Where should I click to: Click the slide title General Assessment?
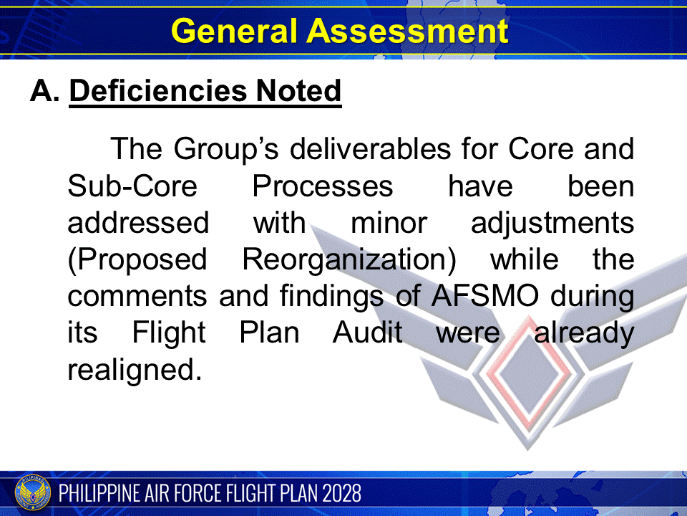point(340,31)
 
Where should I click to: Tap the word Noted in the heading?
point(301,91)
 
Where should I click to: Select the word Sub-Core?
point(132,186)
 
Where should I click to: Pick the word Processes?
point(322,186)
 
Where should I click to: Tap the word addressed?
point(138,223)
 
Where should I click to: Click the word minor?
point(388,223)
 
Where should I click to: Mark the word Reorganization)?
point(349,260)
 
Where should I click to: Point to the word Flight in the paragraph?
point(169,333)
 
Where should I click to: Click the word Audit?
point(367,333)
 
